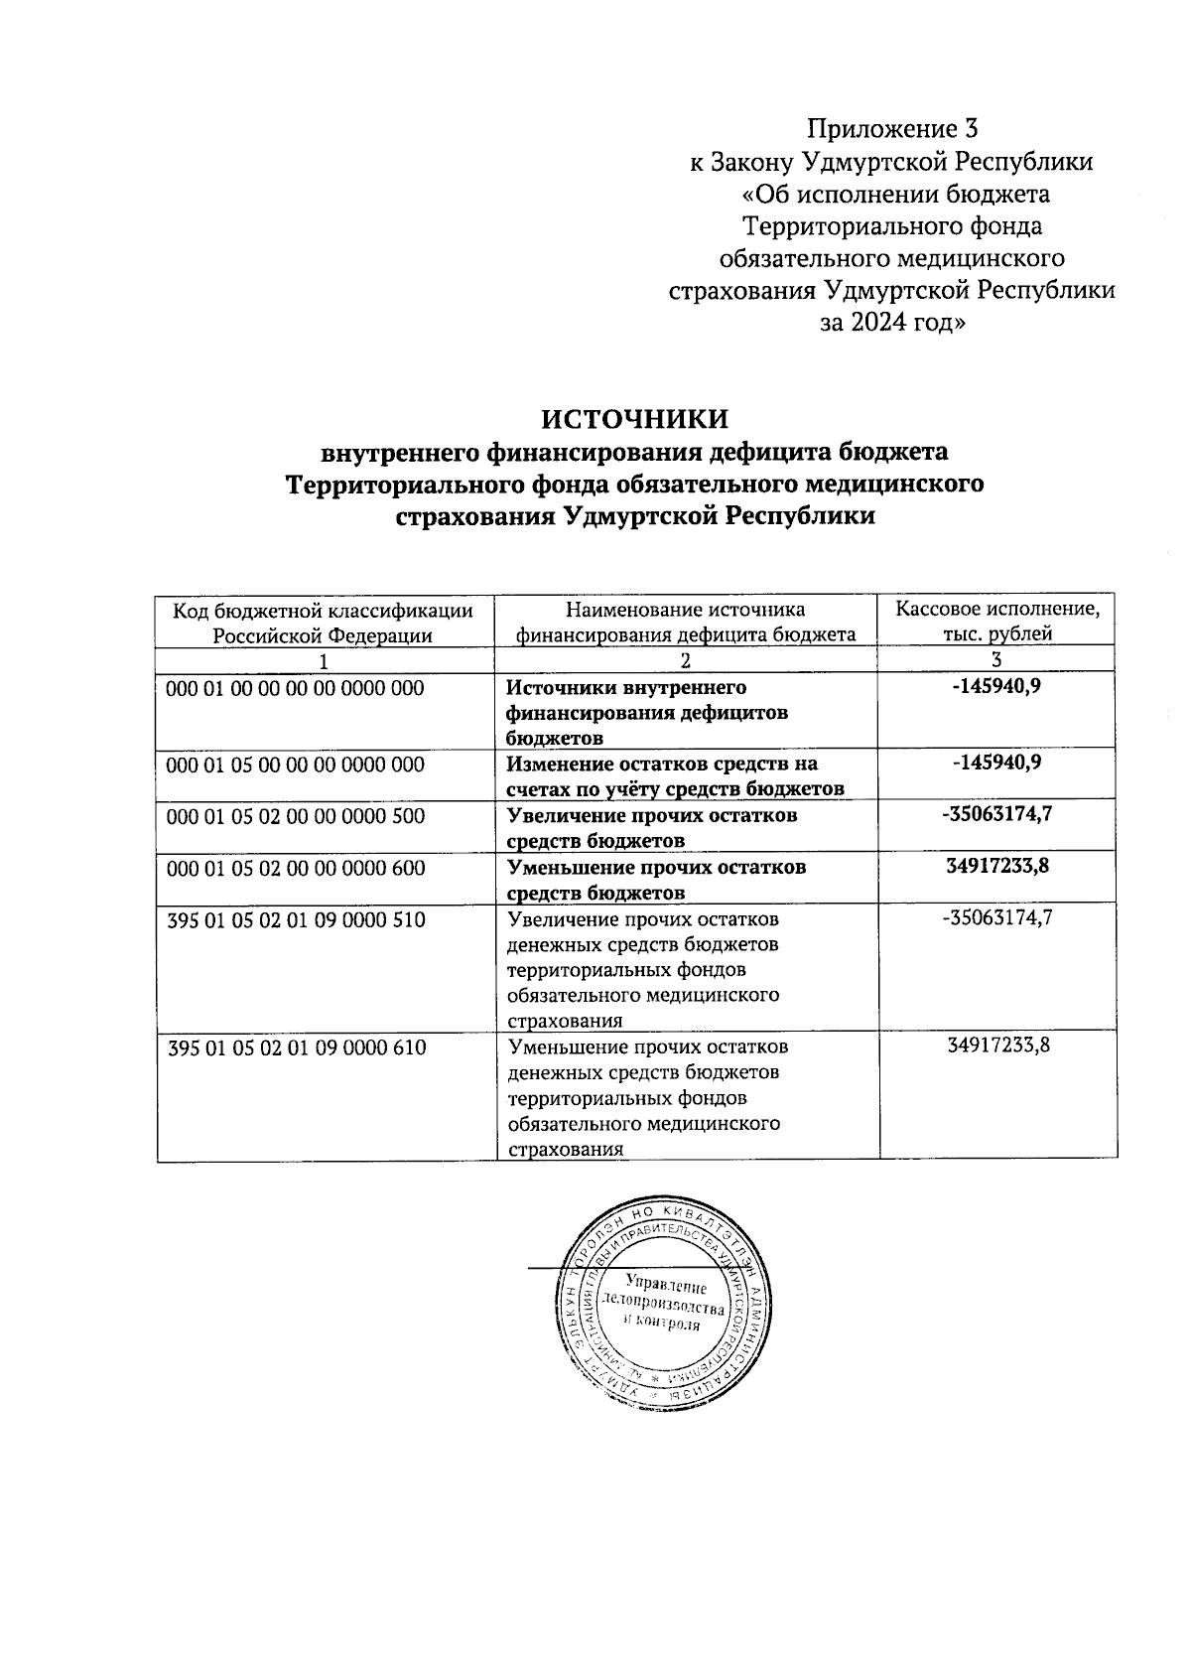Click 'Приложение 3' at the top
click(x=892, y=129)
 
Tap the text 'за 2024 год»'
click(x=892, y=323)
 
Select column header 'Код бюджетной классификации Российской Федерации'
click(x=324, y=622)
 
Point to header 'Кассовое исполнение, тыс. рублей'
click(x=996, y=621)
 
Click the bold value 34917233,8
click(x=997, y=866)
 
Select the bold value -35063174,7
click(x=997, y=814)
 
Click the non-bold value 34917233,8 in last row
click(x=997, y=1045)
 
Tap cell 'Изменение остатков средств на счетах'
click(x=675, y=776)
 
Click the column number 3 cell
click(x=996, y=659)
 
